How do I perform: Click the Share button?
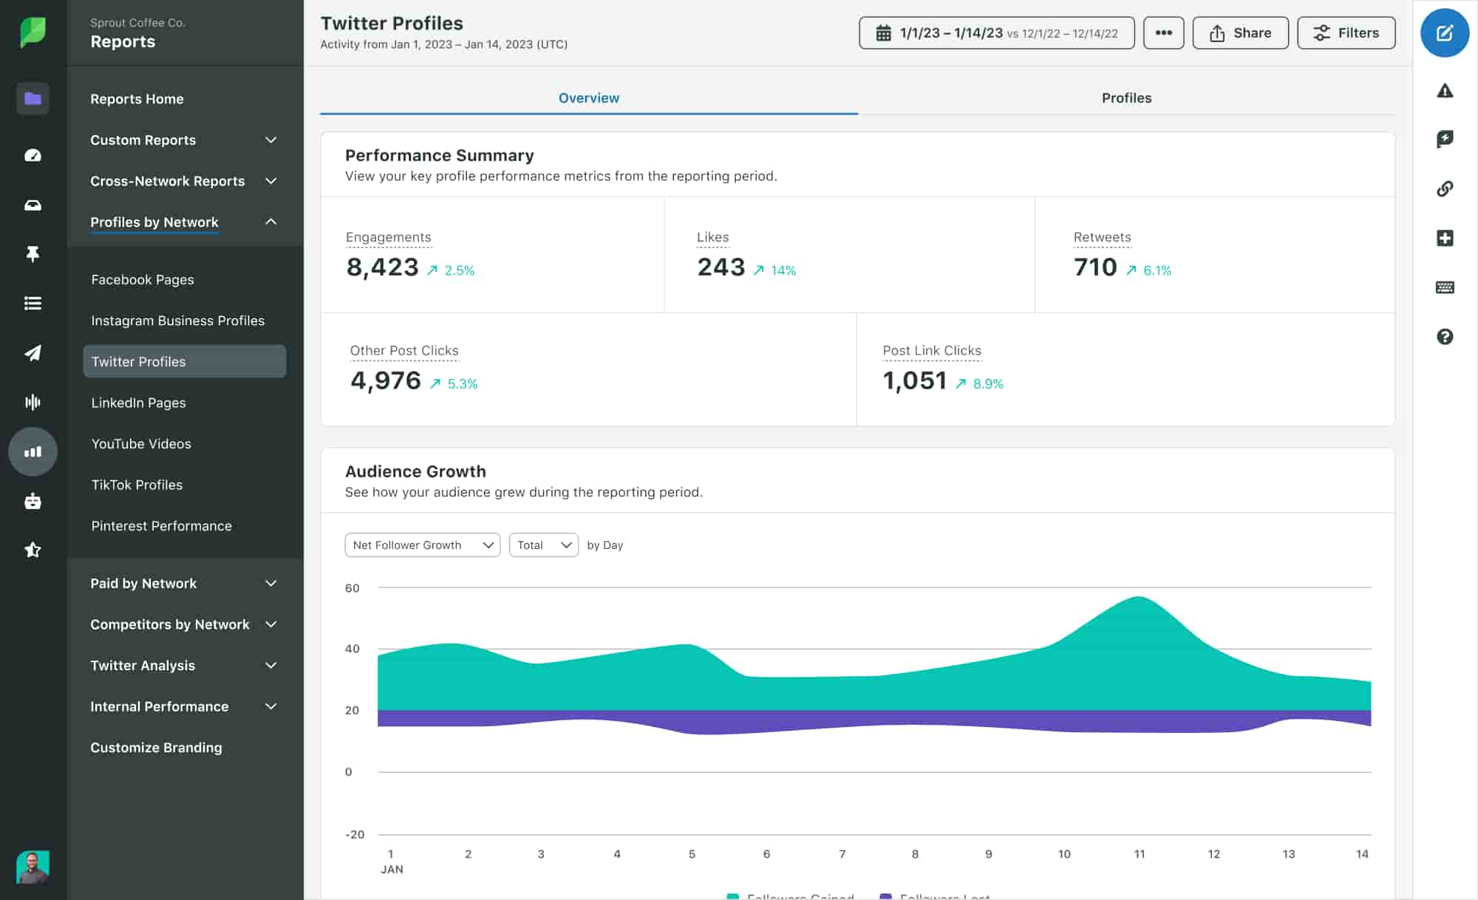click(1240, 33)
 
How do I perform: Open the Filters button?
click(1346, 33)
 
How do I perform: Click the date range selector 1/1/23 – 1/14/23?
click(996, 33)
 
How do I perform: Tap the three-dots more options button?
click(1163, 33)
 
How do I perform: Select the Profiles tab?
click(1125, 98)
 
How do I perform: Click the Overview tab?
click(588, 98)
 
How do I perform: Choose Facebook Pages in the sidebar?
click(143, 280)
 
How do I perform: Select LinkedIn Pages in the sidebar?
click(138, 403)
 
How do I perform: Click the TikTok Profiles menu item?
click(137, 485)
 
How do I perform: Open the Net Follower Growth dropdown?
click(422, 545)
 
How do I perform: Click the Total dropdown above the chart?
click(543, 545)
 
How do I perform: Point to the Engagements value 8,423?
click(382, 267)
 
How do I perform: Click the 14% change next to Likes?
click(783, 270)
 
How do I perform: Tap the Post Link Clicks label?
click(931, 351)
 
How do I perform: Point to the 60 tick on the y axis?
click(352, 588)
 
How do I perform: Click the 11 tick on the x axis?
click(1139, 854)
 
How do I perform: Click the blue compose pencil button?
click(1444, 33)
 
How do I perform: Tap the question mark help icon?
click(1444, 337)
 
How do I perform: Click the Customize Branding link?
click(156, 748)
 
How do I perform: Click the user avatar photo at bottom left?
click(33, 867)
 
